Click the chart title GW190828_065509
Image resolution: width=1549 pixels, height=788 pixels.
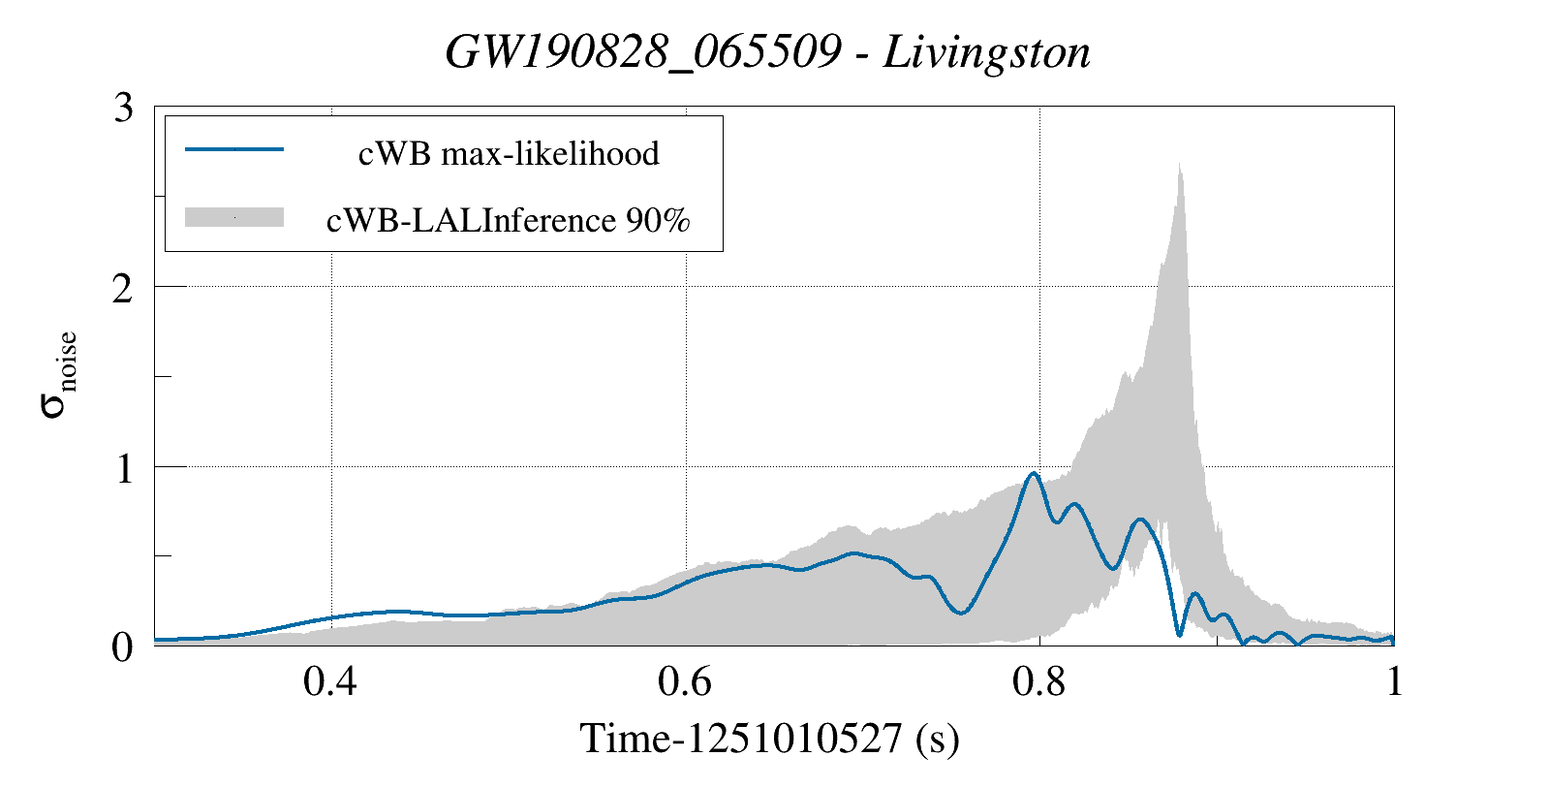click(x=642, y=52)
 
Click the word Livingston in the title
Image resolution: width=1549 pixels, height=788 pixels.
click(x=986, y=52)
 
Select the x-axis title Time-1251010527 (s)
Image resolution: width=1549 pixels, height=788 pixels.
click(x=769, y=739)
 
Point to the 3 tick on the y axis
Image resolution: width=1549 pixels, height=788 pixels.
click(x=123, y=108)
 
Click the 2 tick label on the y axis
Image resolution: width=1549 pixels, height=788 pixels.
click(x=123, y=288)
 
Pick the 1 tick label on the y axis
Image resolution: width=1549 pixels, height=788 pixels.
click(x=123, y=468)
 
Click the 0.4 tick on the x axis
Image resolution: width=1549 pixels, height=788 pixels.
click(x=330, y=682)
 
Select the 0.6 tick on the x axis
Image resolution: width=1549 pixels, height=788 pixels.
click(x=685, y=682)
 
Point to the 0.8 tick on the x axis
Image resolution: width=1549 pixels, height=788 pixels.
click(x=1039, y=682)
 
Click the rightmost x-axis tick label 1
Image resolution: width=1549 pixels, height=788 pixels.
click(x=1394, y=682)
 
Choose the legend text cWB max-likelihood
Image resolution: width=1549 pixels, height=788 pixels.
click(x=509, y=153)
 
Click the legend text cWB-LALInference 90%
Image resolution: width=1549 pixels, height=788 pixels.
click(x=509, y=221)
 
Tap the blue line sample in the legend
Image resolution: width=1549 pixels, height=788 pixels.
click(x=234, y=149)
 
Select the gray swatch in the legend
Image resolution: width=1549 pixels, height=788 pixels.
click(x=234, y=217)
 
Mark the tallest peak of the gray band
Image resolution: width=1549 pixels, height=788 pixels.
click(x=1179, y=167)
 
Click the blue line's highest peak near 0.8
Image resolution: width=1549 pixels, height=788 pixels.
click(x=1034, y=473)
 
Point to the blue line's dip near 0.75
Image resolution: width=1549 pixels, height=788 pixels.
click(x=959, y=613)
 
